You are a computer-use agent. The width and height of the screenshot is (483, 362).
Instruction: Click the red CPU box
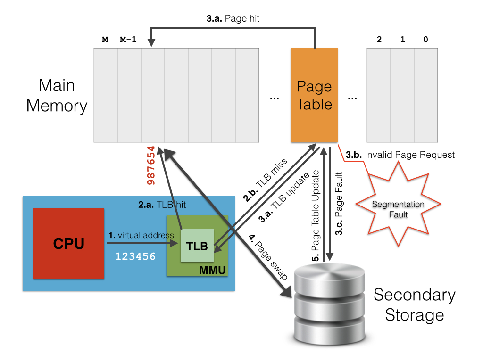click(69, 243)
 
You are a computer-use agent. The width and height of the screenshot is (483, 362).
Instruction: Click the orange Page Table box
click(314, 95)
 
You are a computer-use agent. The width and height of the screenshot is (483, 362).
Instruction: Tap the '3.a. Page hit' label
click(233, 19)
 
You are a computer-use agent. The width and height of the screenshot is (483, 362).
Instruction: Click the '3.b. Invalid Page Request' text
click(400, 155)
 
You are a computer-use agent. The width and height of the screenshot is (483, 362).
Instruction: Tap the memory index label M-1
click(128, 40)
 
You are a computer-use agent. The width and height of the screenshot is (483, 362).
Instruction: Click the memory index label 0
click(425, 40)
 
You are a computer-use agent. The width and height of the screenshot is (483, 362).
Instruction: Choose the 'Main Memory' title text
click(57, 95)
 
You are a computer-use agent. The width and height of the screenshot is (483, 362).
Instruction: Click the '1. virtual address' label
click(141, 235)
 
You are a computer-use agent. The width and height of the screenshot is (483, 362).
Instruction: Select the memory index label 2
click(379, 40)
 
